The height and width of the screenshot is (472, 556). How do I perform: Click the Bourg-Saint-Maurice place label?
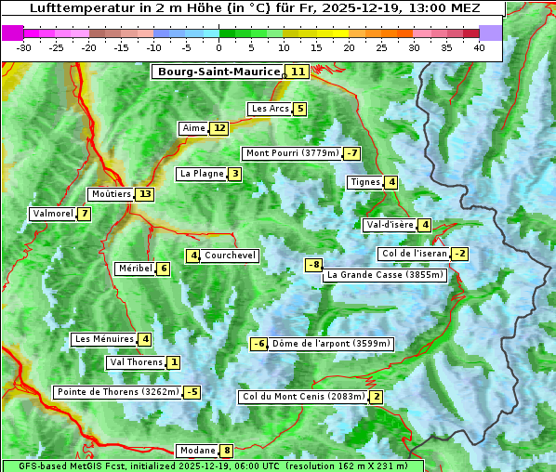tap(218, 72)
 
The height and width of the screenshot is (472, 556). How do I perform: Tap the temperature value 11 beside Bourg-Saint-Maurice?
tap(298, 72)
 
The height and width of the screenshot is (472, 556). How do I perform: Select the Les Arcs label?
tap(271, 109)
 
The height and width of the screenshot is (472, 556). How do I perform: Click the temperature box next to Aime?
tap(218, 128)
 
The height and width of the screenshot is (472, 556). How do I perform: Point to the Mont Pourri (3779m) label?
tap(291, 153)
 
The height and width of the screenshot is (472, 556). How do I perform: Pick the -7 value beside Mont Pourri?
tap(351, 153)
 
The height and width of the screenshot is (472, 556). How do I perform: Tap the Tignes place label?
tap(364, 182)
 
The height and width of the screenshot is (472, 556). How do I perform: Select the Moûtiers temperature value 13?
tap(144, 194)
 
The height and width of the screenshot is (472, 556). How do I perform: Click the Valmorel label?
tap(52, 214)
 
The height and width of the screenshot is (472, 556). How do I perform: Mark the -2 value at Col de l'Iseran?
tap(459, 254)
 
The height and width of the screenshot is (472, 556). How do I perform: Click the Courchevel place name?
tap(230, 256)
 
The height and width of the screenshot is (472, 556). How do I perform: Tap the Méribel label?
tap(135, 269)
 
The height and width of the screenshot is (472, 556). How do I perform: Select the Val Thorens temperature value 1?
tap(174, 361)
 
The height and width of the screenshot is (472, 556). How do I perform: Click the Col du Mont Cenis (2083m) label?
tap(302, 397)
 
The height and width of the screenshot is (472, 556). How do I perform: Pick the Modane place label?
tap(197, 451)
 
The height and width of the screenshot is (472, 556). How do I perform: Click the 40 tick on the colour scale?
tap(479, 47)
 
